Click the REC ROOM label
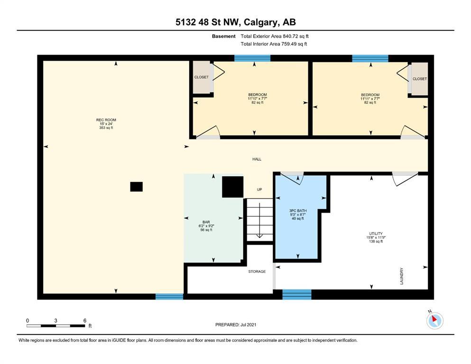(x=106, y=120)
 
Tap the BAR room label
(x=206, y=222)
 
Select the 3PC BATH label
(x=298, y=210)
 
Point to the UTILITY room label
(x=376, y=234)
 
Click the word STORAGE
(x=257, y=271)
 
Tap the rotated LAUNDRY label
(x=402, y=276)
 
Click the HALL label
(x=257, y=159)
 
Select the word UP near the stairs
(x=259, y=190)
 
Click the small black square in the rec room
(x=137, y=187)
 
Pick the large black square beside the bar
(x=233, y=187)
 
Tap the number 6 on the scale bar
(x=85, y=320)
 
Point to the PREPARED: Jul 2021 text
(x=236, y=325)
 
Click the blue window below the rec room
(x=169, y=297)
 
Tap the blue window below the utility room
(x=297, y=295)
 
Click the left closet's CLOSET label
(x=201, y=77)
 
